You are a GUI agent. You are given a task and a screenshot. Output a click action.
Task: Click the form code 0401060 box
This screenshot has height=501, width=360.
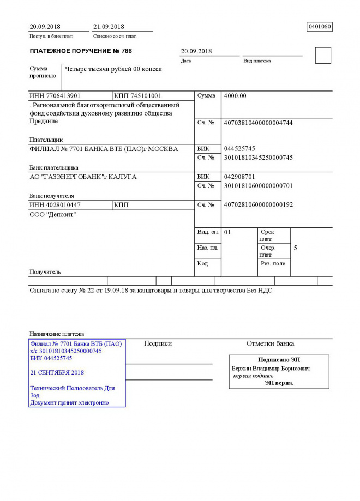click(x=320, y=26)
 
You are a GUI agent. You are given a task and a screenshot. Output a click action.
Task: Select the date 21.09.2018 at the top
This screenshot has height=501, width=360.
click(x=109, y=26)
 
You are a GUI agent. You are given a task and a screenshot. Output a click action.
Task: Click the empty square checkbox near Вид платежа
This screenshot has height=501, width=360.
click(x=323, y=56)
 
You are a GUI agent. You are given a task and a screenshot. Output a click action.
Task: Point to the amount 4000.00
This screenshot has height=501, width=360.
click(x=235, y=96)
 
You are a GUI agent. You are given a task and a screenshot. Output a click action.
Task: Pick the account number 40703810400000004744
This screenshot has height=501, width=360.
click(x=258, y=123)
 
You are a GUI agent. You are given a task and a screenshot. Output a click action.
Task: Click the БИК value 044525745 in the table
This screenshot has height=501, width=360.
click(x=239, y=148)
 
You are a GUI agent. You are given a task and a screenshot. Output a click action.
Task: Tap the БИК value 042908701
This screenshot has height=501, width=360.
click(x=239, y=177)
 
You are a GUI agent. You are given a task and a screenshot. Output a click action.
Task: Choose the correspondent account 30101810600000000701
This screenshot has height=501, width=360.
click(x=258, y=186)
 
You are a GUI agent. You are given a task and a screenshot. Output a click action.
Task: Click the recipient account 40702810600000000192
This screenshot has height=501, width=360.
click(x=258, y=204)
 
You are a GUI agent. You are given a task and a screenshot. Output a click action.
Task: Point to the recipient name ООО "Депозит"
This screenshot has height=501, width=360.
click(x=52, y=215)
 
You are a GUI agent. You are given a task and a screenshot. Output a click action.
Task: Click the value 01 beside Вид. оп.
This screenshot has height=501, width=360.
click(x=227, y=232)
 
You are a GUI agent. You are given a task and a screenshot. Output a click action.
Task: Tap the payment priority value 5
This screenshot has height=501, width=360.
click(x=295, y=248)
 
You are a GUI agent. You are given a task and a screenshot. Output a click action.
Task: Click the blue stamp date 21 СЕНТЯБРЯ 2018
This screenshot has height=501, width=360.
click(x=57, y=372)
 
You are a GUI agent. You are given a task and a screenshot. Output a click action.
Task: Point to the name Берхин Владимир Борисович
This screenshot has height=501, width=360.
click(x=271, y=369)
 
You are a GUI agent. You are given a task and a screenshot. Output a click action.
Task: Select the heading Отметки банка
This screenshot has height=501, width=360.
click(x=270, y=343)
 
